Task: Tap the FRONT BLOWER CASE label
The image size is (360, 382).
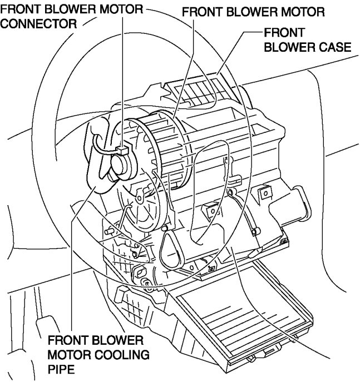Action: click(307, 40)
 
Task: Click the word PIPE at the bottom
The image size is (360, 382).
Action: click(61, 368)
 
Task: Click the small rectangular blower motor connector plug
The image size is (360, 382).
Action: click(124, 150)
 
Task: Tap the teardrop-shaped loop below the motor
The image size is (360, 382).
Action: click(170, 247)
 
